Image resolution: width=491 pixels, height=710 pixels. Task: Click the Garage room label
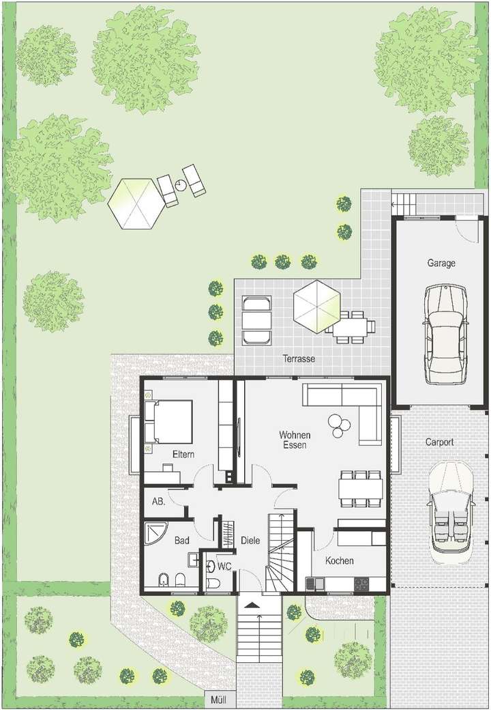tap(441, 263)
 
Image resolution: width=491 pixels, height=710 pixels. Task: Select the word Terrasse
tap(299, 358)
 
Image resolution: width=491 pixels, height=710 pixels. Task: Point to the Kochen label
tap(339, 560)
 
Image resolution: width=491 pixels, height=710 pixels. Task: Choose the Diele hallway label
tap(250, 540)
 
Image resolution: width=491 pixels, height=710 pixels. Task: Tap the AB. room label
tap(158, 501)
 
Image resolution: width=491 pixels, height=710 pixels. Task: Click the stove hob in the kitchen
tap(360, 584)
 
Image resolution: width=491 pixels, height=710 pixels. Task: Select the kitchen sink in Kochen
tap(315, 584)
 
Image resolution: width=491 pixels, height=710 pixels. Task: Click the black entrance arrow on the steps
tap(252, 605)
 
